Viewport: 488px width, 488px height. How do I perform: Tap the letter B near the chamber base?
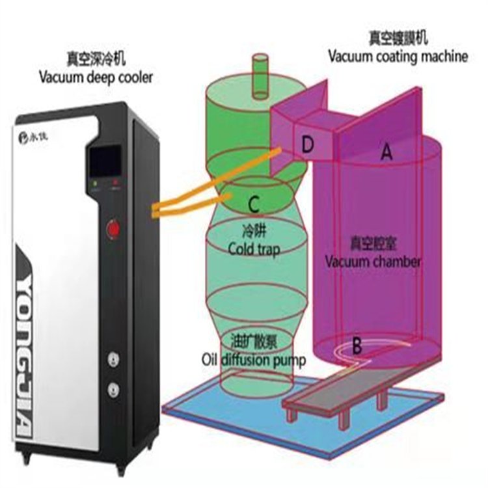coord(357,346)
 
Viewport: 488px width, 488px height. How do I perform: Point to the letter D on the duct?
coord(308,145)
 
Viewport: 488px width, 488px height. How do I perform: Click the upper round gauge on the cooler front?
coord(115,359)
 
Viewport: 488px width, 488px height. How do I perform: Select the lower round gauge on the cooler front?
coord(115,390)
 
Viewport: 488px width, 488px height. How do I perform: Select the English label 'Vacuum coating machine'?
coord(398,56)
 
